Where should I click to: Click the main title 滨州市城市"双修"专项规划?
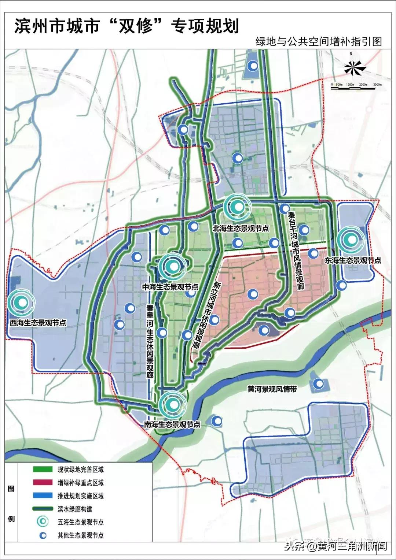126,26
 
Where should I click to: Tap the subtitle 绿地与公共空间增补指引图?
319,41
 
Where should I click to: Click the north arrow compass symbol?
352,67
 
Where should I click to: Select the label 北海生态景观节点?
241,228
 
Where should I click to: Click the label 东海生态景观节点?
353,260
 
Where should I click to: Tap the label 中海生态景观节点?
170,287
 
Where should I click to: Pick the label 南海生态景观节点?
172,424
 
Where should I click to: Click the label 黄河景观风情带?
272,389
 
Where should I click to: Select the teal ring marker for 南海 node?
173,404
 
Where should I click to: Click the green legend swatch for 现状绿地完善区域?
43,470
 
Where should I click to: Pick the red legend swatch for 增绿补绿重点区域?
43,483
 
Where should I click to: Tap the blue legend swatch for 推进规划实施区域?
43,496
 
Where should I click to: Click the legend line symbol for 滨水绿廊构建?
43,509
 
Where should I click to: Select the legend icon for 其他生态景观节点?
43,535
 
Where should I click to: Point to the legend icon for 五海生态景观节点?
43,522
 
